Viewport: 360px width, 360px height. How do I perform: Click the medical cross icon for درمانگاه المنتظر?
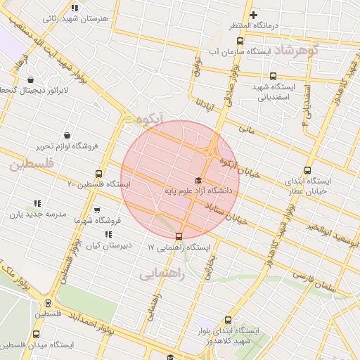254,15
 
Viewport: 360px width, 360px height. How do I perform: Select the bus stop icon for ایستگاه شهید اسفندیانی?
273,77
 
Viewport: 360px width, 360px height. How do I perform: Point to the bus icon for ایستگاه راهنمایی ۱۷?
179,236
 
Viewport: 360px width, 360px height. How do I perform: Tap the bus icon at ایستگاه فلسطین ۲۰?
98,173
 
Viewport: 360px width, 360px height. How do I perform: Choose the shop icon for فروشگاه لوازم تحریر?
67,135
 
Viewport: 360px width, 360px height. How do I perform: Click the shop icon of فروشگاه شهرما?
97,210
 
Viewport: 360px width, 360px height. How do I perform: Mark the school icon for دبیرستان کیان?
108,234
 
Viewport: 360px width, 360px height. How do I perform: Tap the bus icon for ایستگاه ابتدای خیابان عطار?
307,169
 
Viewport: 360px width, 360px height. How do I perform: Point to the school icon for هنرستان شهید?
75,8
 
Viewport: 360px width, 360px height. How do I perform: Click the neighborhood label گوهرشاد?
296,51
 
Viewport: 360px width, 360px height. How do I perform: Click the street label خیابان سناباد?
226,213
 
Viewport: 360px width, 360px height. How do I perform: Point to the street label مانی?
245,129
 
